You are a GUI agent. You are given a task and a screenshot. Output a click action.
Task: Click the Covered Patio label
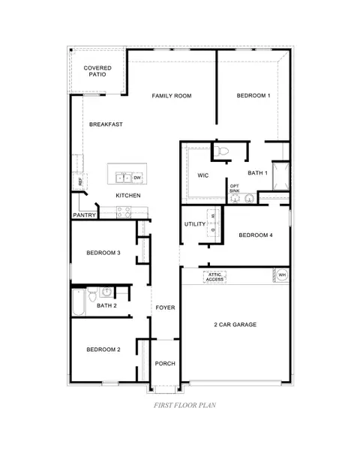97,72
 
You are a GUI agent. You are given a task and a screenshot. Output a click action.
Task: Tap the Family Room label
172,95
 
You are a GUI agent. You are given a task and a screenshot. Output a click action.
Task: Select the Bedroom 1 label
253,95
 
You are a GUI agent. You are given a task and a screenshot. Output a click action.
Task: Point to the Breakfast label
106,124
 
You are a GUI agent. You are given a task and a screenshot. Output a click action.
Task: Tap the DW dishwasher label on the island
137,178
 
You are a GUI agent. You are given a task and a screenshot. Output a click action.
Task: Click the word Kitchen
127,196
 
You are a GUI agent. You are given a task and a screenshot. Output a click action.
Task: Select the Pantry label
83,215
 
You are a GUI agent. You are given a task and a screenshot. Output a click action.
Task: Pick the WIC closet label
202,175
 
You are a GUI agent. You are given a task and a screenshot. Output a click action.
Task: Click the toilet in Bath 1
220,151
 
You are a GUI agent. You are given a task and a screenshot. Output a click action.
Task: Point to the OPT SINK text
235,188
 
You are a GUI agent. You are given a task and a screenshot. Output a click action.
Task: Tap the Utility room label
195,224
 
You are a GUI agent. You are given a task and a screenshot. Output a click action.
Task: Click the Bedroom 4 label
256,235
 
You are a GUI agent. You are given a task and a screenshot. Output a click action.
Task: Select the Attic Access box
215,276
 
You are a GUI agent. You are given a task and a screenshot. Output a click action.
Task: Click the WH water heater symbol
282,275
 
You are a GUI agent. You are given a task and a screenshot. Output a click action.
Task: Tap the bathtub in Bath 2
79,303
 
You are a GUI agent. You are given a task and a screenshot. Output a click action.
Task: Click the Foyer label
165,307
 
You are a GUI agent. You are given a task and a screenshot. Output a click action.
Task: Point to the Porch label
165,363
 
